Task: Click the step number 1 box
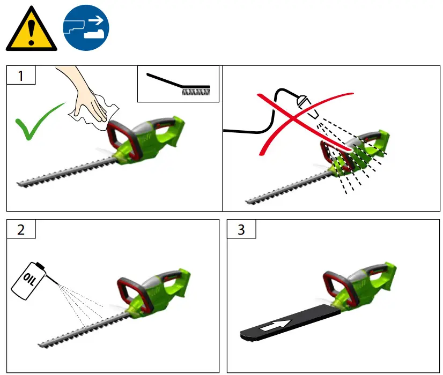[x=21, y=76]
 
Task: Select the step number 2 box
[x=21, y=229]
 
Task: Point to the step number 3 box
[x=241, y=229]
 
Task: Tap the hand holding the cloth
[x=88, y=102]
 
